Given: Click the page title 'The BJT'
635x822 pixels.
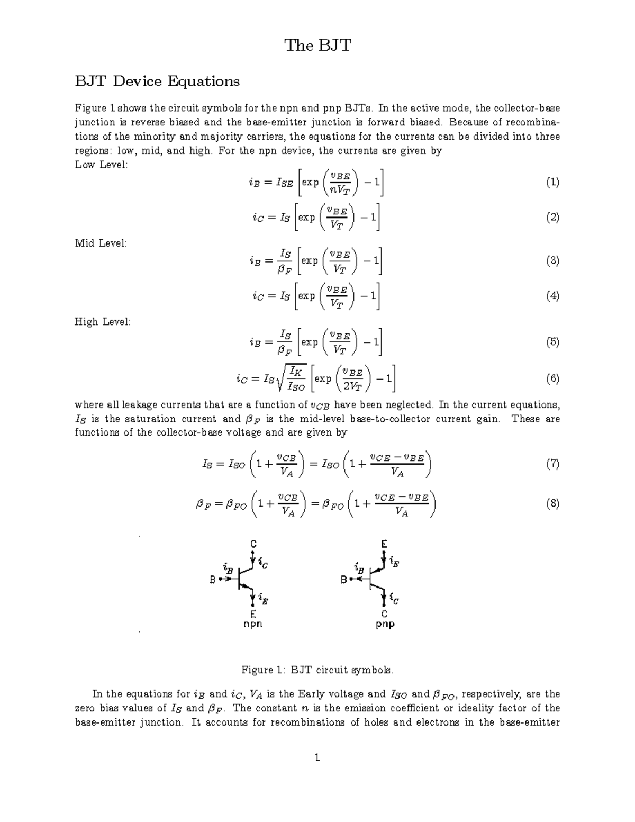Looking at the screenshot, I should click(317, 46).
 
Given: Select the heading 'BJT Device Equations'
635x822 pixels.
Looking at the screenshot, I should click(157, 82).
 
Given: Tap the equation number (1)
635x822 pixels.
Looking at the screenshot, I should click(552, 183).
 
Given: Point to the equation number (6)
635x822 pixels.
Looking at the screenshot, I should click(552, 378).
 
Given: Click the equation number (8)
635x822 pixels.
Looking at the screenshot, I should click(552, 503).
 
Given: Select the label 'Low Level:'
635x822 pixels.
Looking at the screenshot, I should click(101, 165).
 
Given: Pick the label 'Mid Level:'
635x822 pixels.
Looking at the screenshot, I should click(101, 243).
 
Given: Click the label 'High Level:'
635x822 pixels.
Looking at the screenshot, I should click(102, 322).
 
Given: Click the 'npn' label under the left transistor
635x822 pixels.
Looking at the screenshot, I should click(252, 624).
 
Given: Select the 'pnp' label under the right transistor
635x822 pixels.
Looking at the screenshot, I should click(385, 624).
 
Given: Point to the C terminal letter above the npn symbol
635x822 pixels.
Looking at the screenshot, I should click(253, 544).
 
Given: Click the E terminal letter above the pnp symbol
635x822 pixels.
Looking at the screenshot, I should click(384, 544).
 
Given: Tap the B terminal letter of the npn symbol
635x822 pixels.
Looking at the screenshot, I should click(213, 580).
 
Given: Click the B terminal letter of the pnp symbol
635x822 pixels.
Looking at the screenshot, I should click(344, 580).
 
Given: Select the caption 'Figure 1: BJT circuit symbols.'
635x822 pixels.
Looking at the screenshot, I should click(317, 670).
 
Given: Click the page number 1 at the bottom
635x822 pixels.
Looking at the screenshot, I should click(317, 758).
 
